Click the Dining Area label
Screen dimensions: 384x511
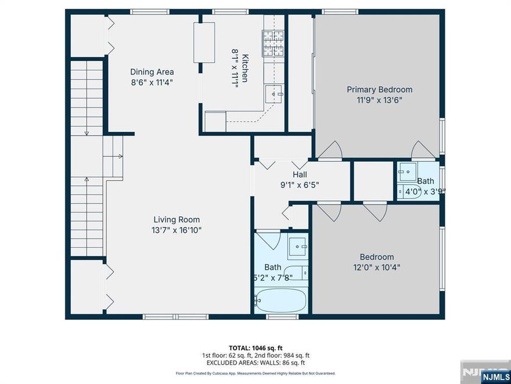(152, 72)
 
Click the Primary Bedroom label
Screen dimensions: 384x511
(379, 90)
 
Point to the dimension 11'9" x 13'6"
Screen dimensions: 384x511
(379, 100)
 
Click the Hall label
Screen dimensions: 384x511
(300, 175)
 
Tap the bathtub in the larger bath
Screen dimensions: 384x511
(281, 300)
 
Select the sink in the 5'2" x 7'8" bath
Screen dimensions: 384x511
(300, 247)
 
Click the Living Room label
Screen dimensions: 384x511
(177, 220)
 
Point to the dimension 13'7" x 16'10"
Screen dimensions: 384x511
(177, 230)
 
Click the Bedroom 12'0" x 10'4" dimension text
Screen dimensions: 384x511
(376, 268)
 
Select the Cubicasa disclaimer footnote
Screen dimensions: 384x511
(255, 374)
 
